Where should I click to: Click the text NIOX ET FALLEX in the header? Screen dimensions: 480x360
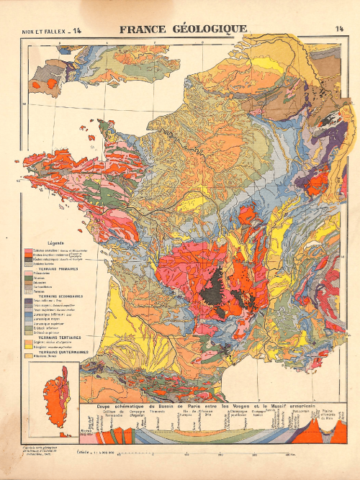pyautogui.click(x=42, y=30)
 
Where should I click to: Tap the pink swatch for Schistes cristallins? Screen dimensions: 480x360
pyautogui.click(x=36, y=249)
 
